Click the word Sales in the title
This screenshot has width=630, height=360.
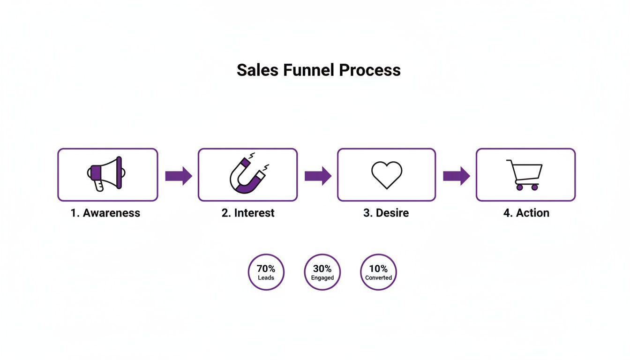(x=258, y=70)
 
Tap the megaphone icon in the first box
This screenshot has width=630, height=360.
(x=106, y=173)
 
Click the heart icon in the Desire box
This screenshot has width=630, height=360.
(x=387, y=175)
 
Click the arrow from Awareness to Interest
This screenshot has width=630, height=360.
(x=179, y=176)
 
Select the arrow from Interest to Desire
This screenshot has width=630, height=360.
(x=318, y=176)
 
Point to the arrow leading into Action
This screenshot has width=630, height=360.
(x=456, y=176)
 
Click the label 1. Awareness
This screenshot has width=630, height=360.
(x=105, y=213)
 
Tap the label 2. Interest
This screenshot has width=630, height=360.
(x=248, y=213)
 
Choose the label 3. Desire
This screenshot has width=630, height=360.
(x=386, y=213)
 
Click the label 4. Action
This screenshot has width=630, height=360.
(x=526, y=213)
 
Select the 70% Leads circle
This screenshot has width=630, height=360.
(x=266, y=272)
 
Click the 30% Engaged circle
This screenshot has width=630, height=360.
(x=322, y=272)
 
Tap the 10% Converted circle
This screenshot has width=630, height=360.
(x=378, y=272)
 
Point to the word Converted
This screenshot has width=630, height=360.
(x=378, y=278)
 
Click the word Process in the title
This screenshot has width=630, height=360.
(x=370, y=70)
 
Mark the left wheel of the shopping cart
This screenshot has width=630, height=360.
(x=519, y=187)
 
